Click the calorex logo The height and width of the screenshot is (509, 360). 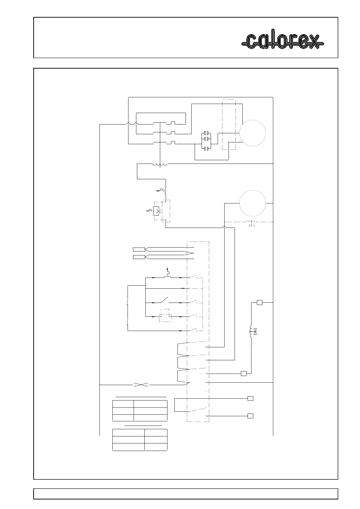[282, 41]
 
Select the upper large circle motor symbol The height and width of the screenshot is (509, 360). [252, 133]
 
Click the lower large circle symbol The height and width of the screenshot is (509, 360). [252, 203]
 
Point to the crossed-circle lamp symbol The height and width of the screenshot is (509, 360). [157, 211]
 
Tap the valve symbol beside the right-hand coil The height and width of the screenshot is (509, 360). [255, 332]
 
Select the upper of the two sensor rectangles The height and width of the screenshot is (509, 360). [139, 249]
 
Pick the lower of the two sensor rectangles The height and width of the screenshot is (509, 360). [139, 257]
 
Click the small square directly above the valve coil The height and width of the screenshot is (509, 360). [259, 302]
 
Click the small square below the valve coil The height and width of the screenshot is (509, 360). [244, 374]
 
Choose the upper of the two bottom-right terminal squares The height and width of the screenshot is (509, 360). [250, 398]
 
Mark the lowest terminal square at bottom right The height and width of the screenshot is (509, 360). [250, 416]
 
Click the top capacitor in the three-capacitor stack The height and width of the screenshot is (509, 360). [207, 133]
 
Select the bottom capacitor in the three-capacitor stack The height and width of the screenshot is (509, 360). [207, 148]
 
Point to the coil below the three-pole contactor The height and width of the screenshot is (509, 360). [160, 165]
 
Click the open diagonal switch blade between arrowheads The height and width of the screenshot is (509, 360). [164, 300]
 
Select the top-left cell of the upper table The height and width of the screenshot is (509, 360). [123, 404]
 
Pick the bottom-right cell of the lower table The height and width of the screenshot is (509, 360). [156, 447]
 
